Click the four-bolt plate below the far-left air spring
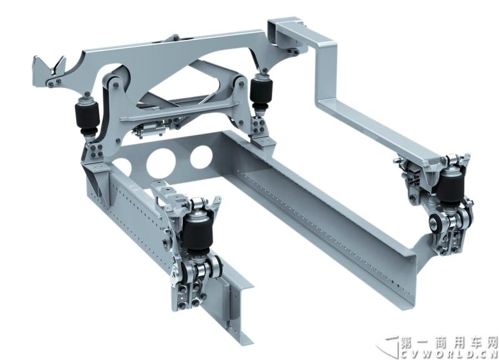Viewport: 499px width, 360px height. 97,151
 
